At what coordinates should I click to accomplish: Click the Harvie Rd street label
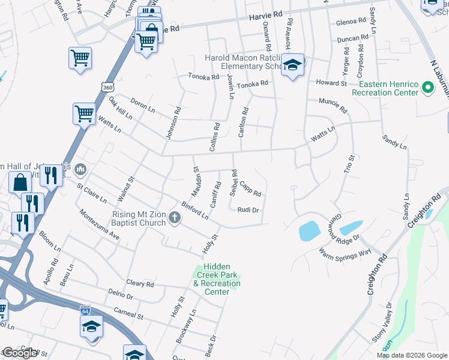(265, 14)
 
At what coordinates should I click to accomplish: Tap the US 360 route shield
(107, 88)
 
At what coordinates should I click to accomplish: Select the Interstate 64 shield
(85, 310)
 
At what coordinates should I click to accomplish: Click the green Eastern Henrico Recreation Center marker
(427, 89)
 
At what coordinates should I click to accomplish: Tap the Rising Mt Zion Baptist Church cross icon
(175, 217)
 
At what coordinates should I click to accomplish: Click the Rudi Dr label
(247, 210)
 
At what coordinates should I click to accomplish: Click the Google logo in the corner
(19, 353)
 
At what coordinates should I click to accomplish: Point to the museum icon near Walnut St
(80, 172)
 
